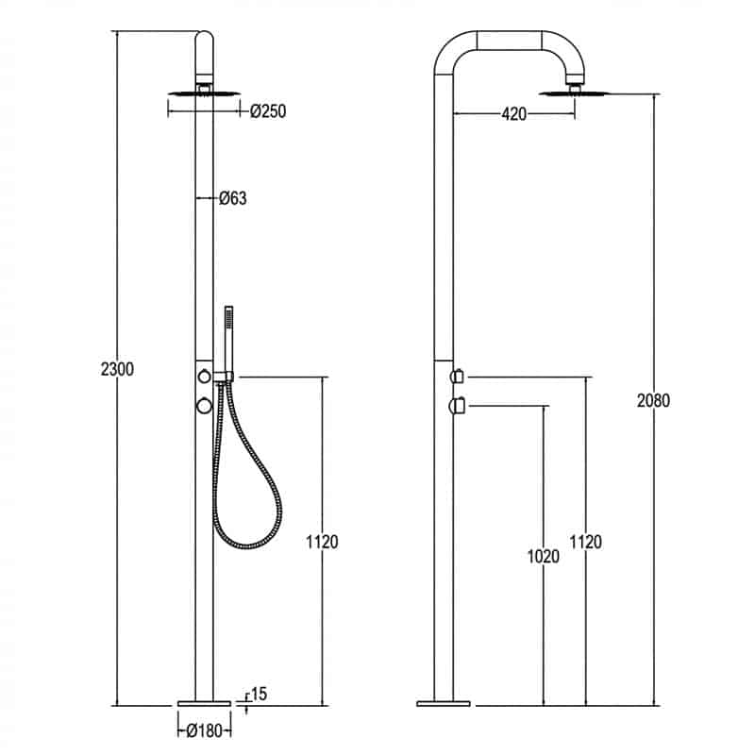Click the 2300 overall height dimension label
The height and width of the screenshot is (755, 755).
coord(117,369)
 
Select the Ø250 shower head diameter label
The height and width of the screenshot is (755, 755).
coord(268,111)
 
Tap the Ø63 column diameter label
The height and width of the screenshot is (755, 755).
coord(233,198)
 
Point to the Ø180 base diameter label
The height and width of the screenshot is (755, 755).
coord(205,730)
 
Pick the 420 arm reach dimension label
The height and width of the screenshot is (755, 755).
coord(513,114)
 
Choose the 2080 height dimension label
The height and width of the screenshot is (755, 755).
coord(653,400)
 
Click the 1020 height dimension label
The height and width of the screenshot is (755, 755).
coord(544,556)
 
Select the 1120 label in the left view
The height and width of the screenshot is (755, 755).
coord(322,542)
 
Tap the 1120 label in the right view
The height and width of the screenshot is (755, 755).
coord(585,542)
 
